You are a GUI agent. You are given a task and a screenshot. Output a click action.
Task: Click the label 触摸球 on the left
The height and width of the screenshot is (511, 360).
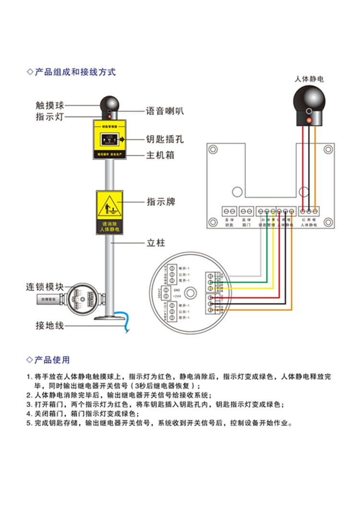click(49, 105)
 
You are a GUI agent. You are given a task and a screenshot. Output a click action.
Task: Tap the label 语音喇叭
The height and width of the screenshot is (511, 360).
click(165, 111)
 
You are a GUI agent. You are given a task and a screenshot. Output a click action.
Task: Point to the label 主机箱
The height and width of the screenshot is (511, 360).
click(160, 155)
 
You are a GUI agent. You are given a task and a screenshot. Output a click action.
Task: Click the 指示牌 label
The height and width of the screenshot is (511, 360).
click(161, 202)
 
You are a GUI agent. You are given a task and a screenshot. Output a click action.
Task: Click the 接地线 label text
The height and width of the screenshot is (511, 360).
click(49, 326)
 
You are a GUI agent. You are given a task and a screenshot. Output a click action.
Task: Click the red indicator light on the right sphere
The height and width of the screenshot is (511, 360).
click(309, 119)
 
